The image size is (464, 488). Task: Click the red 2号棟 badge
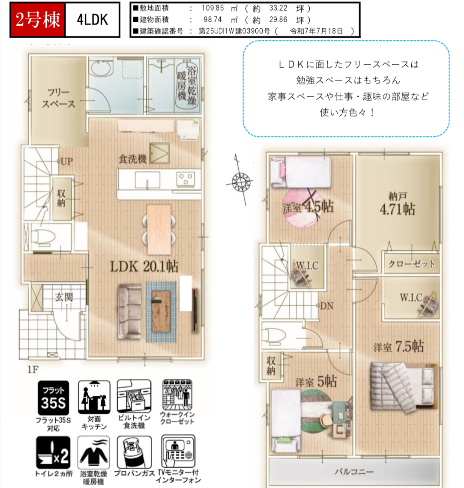tap(38, 20)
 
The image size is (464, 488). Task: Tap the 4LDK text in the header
tap(93, 20)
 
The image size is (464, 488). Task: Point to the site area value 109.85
tap(213, 8)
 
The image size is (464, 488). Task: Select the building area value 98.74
tap(213, 20)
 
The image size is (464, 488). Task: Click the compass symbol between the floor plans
tap(241, 180)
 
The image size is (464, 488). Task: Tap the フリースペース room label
tap(59, 98)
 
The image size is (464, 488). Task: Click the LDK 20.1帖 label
tap(144, 266)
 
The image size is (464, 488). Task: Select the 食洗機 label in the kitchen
tap(132, 159)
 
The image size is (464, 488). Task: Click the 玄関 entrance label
tap(64, 297)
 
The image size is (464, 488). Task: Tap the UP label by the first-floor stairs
tap(66, 162)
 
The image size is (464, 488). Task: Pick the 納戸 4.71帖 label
tap(398, 204)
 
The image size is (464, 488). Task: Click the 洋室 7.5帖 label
tap(398, 346)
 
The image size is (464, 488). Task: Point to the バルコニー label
tap(354, 472)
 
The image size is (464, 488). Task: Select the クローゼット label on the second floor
tap(411, 264)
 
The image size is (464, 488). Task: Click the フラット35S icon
tap(53, 398)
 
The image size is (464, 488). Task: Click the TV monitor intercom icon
tap(178, 451)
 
